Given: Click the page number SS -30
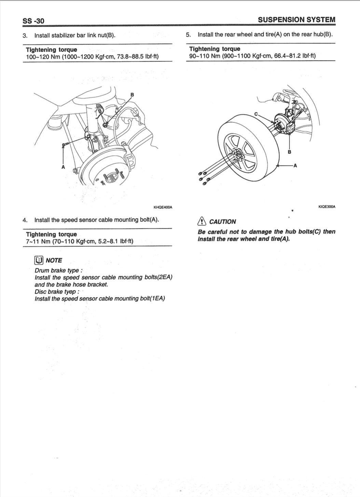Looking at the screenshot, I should (x=33, y=21).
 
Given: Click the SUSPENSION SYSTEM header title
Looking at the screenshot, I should (x=296, y=20).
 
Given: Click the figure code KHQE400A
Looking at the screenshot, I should (x=163, y=207).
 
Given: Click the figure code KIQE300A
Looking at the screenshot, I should (x=327, y=207).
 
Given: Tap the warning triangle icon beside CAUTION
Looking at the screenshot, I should (x=202, y=221).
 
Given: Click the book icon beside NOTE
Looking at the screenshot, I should (x=39, y=260).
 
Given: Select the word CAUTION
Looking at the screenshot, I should (x=222, y=222).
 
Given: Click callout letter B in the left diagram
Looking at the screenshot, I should (x=132, y=95).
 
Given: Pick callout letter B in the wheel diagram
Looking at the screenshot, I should (x=290, y=152).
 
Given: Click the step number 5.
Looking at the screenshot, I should (x=188, y=35).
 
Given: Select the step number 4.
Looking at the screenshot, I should (x=25, y=220).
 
